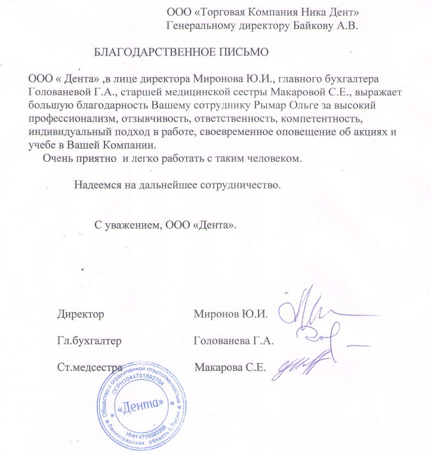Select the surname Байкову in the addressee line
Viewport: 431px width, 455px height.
pos(310,26)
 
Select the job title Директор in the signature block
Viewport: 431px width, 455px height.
pos(81,313)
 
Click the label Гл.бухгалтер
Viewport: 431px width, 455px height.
pos(90,342)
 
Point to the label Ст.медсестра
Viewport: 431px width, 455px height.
pos(90,367)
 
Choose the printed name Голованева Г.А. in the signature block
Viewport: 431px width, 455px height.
pos(233,342)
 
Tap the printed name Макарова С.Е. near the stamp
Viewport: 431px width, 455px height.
pos(230,367)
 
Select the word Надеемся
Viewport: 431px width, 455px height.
pos(98,185)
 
